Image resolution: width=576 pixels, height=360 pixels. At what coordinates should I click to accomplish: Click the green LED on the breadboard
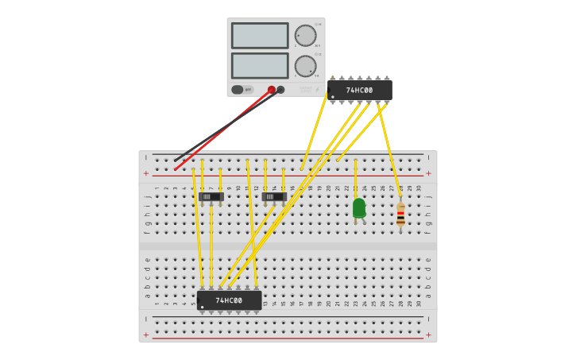click(x=359, y=208)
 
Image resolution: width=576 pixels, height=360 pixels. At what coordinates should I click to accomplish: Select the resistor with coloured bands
click(x=400, y=215)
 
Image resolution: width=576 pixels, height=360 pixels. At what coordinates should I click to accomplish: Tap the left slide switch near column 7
click(x=211, y=196)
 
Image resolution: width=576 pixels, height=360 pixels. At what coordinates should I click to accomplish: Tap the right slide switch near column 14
click(x=273, y=196)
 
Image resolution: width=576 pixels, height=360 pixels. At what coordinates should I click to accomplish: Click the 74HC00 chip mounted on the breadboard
click(x=229, y=300)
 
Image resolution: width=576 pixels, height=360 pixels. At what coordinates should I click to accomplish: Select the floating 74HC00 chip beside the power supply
click(x=359, y=90)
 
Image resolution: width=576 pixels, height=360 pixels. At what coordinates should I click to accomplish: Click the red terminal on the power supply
click(x=272, y=90)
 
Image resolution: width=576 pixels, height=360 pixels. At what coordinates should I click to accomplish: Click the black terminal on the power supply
click(x=280, y=90)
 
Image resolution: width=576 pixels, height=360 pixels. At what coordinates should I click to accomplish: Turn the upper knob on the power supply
click(x=305, y=36)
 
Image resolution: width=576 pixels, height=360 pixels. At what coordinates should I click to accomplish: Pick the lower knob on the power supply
click(x=305, y=66)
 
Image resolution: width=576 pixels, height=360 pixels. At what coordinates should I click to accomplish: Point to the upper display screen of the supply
click(x=260, y=36)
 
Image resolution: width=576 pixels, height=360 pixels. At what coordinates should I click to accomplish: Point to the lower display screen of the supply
click(x=260, y=65)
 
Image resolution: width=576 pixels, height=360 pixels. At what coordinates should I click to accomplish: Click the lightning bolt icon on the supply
click(x=317, y=90)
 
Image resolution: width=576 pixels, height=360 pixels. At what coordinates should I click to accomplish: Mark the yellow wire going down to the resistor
click(x=389, y=151)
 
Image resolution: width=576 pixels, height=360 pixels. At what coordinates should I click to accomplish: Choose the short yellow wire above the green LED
click(x=355, y=179)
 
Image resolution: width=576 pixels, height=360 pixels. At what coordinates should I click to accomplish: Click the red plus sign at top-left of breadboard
click(x=145, y=172)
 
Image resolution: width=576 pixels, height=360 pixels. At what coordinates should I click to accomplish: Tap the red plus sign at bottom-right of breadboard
click(x=428, y=335)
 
